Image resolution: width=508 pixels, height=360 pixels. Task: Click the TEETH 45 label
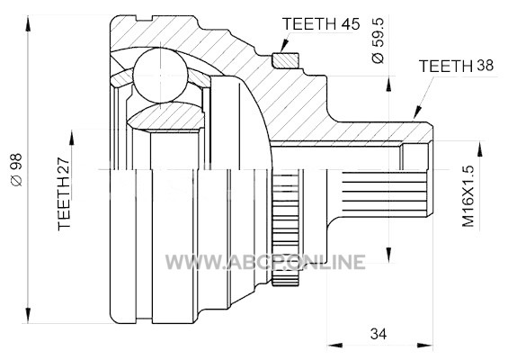click(x=321, y=24)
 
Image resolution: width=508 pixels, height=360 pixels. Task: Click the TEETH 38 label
click(x=456, y=66)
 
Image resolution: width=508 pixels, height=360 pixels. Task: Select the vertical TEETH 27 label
click(x=64, y=193)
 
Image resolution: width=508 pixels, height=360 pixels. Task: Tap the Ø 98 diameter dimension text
click(x=16, y=169)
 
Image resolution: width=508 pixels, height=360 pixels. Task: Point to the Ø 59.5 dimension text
click(x=378, y=40)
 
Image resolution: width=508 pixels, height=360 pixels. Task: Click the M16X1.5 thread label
click(x=468, y=196)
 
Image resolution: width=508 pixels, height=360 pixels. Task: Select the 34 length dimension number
click(x=379, y=334)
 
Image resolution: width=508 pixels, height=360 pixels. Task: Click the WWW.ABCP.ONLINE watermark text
click(x=265, y=262)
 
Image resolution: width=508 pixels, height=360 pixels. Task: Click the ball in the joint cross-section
click(x=160, y=76)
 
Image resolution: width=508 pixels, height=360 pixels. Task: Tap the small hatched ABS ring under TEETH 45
click(x=285, y=60)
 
